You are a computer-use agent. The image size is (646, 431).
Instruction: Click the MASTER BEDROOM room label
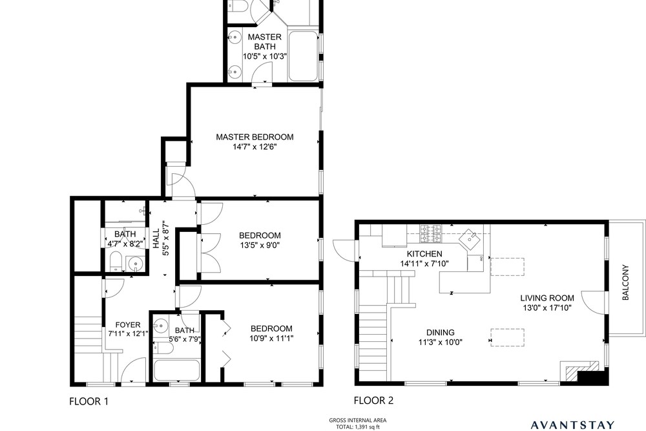[255, 137]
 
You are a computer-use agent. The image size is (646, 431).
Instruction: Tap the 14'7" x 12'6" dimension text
[255, 147]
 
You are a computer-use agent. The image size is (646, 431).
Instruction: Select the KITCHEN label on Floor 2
[424, 254]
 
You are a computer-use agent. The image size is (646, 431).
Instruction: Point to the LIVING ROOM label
[547, 298]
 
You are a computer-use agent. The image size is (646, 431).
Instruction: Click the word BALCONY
[625, 282]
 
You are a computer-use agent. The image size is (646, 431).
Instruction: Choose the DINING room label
[441, 332]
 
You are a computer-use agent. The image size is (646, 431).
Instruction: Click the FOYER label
[128, 324]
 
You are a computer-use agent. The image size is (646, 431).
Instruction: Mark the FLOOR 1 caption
[89, 401]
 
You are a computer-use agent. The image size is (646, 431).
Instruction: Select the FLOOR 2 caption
[373, 400]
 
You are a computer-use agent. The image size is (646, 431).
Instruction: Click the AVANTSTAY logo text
[572, 425]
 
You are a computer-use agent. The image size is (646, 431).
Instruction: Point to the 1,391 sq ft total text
[358, 427]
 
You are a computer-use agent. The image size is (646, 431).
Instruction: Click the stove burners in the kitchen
[430, 234]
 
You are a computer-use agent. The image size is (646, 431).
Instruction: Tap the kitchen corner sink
[470, 239]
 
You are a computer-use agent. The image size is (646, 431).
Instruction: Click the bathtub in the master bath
[303, 56]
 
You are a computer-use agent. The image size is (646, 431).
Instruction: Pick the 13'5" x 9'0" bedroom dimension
[260, 246]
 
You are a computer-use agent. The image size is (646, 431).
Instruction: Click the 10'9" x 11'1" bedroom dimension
[271, 339]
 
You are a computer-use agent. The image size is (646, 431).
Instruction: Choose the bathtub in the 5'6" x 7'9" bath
[176, 370]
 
